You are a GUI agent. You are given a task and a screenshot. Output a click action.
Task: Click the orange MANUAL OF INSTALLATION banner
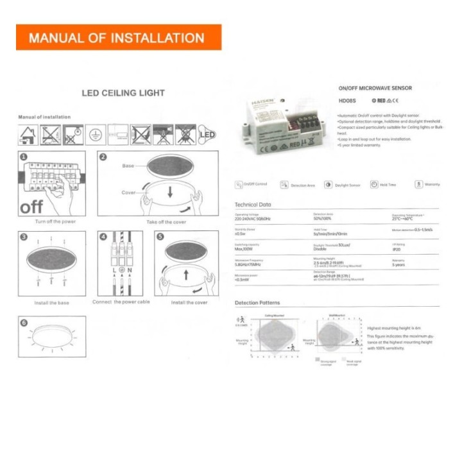pyautogui.click(x=119, y=37)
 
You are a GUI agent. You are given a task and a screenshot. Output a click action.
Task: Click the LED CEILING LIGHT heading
pyautogui.click(x=123, y=93)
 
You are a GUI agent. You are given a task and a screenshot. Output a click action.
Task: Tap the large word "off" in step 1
pyautogui.click(x=32, y=207)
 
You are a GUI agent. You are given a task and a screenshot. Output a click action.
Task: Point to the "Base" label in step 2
pyautogui.click(x=128, y=166)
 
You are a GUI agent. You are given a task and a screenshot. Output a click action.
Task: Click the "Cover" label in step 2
pyautogui.click(x=128, y=193)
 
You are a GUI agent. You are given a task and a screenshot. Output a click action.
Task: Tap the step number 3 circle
pyautogui.click(x=24, y=236)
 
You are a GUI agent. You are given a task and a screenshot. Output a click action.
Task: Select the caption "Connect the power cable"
pyautogui.click(x=121, y=302)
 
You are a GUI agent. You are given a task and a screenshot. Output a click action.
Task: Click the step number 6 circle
pyautogui.click(x=24, y=323)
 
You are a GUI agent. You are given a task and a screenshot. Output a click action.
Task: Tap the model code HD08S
pyautogui.click(x=346, y=101)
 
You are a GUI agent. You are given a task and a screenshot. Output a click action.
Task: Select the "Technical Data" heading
pyautogui.click(x=254, y=204)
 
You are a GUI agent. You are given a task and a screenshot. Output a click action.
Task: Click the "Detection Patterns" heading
pyautogui.click(x=257, y=302)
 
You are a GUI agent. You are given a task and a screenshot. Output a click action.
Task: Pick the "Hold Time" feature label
pyautogui.click(x=388, y=185)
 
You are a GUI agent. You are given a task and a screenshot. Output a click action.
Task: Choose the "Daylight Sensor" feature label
pyautogui.click(x=346, y=185)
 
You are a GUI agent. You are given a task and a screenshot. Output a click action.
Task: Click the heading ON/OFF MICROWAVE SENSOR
pyautogui.click(x=375, y=88)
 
